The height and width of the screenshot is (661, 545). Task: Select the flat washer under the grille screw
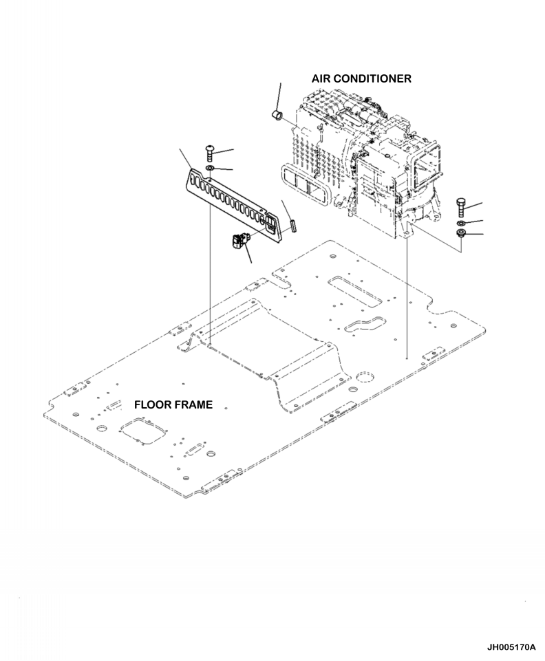[x=209, y=168]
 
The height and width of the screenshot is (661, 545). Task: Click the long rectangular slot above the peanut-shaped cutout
[x=351, y=289]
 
